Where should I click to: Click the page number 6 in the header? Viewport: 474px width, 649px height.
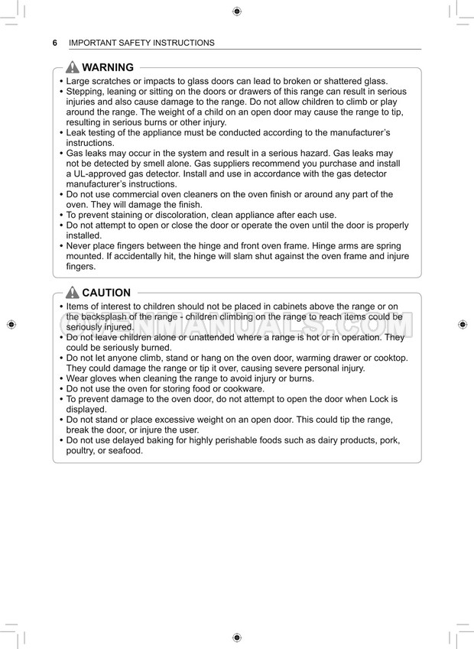click(x=55, y=43)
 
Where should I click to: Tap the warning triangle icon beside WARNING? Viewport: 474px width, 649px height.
click(x=73, y=67)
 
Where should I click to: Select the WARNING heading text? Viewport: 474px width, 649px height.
click(x=108, y=67)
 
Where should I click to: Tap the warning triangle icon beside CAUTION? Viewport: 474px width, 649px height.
click(x=73, y=293)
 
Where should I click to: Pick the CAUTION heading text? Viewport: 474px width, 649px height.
click(x=106, y=293)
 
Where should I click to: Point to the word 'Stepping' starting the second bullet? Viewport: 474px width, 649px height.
click(x=86, y=92)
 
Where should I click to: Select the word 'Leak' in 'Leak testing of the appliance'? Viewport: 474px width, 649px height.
click(x=76, y=133)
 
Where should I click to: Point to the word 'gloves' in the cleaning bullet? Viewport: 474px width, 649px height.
click(x=108, y=378)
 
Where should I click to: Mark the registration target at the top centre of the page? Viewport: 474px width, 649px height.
click(x=236, y=11)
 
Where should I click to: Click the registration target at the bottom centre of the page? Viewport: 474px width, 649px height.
click(x=236, y=637)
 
